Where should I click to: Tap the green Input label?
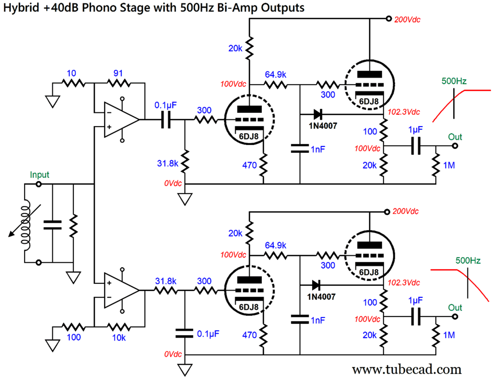39,175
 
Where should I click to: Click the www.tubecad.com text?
407,369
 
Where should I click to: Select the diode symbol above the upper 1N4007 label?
317,114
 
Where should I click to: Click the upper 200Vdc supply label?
407,20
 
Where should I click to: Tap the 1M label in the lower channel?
449,335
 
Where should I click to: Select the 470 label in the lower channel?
249,335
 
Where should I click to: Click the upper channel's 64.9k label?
277,74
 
